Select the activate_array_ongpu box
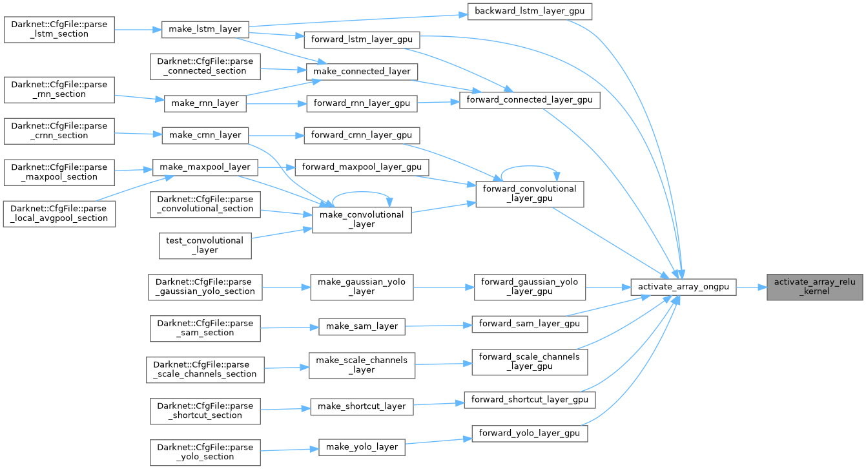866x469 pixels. click(683, 287)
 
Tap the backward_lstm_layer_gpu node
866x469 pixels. click(529, 11)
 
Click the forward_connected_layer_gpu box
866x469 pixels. click(530, 100)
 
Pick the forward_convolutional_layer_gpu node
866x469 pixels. click(529, 194)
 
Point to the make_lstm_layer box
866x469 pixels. click(205, 29)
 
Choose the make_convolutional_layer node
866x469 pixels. click(361, 220)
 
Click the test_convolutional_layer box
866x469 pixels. click(205, 245)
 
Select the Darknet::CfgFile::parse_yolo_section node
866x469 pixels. click(205, 452)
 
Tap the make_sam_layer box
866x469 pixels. click(362, 327)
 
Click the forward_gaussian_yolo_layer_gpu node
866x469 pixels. click(530, 287)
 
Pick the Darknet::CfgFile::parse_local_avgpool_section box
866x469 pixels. click(59, 214)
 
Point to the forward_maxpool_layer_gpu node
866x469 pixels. click(361, 167)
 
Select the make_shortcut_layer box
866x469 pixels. click(362, 406)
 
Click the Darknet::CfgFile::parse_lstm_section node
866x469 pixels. click(59, 29)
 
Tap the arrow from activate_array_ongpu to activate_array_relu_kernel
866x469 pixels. click(751, 287)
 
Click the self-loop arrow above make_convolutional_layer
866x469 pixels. click(361, 192)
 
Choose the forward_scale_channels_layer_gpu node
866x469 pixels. click(530, 362)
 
